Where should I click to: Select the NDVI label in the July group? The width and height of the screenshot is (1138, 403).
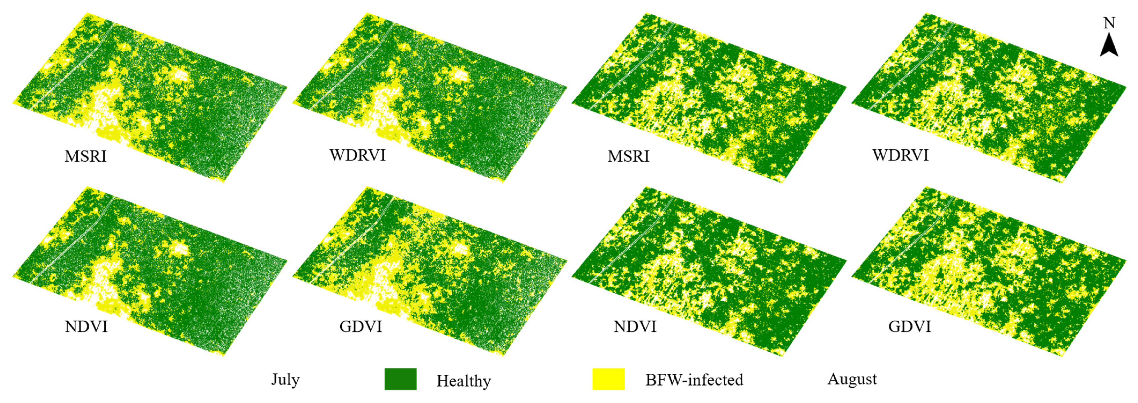click(x=86, y=327)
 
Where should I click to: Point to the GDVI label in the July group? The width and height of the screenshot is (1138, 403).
click(x=361, y=327)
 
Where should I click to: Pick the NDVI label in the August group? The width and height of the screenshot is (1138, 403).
click(x=635, y=327)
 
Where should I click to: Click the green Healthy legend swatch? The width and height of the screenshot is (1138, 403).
click(x=400, y=379)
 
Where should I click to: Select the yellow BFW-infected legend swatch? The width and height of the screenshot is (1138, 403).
click(x=608, y=379)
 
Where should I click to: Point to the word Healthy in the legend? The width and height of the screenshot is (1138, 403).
click(x=463, y=381)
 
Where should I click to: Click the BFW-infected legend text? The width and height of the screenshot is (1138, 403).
click(x=694, y=380)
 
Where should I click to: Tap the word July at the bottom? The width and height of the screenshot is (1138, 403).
click(x=285, y=379)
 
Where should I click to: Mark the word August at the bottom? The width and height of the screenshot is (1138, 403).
click(x=852, y=379)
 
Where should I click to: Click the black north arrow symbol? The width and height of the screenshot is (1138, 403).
click(x=1109, y=46)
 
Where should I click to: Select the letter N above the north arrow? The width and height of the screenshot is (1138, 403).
click(x=1109, y=23)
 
